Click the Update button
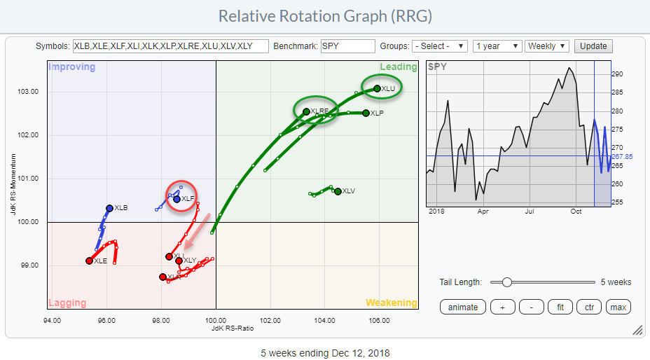click(593, 46)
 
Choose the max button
click(618, 307)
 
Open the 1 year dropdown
click(497, 46)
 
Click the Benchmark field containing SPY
click(348, 46)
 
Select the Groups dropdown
click(440, 46)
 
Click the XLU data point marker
click(377, 88)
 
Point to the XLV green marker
click(338, 191)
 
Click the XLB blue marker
click(109, 208)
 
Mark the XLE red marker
click(89, 261)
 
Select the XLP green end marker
click(366, 113)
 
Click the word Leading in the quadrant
click(398, 67)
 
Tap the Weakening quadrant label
click(391, 303)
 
